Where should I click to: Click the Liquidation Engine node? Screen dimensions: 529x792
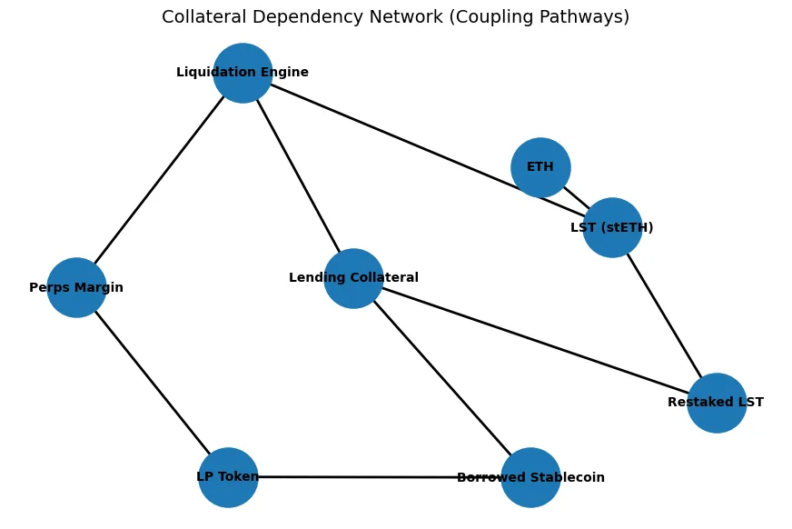tap(243, 73)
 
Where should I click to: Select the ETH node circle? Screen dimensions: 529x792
tap(540, 167)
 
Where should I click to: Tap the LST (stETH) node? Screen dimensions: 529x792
tap(612, 227)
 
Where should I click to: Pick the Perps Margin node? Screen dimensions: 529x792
tap(76, 287)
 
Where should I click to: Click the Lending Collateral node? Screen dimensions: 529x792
tap(353, 278)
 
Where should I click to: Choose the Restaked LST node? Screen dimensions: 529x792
tap(717, 403)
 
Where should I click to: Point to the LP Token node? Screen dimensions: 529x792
tap(228, 477)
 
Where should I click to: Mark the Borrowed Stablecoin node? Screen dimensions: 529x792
tap(530, 477)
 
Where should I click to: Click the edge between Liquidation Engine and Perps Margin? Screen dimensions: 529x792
tap(159, 180)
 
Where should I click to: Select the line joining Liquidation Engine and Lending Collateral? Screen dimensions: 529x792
tap(298, 175)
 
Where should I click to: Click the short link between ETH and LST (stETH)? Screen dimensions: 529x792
tap(576, 197)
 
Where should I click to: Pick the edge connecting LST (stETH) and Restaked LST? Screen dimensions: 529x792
tap(664, 314)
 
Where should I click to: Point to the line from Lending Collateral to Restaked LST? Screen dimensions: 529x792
tap(535, 341)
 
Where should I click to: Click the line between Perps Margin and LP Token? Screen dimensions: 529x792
tap(152, 382)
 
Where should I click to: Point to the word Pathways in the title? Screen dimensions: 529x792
tap(582, 17)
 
